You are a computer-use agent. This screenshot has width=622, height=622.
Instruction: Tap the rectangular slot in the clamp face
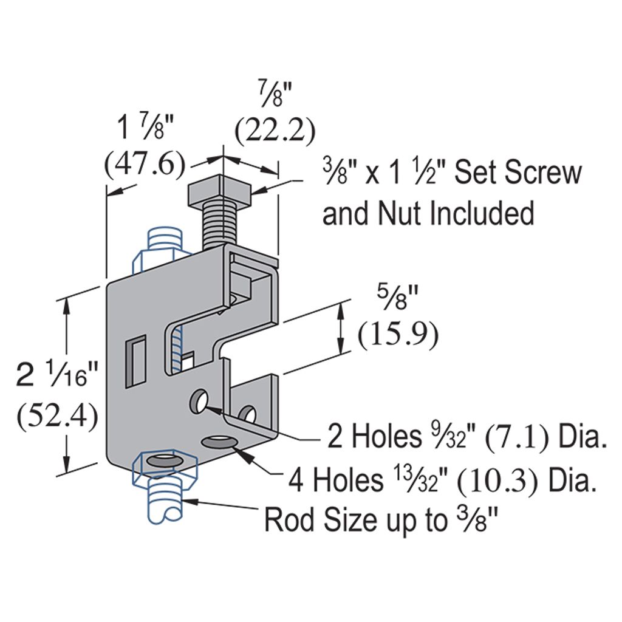click(x=135, y=361)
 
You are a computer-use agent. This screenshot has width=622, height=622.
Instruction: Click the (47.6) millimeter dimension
click(x=145, y=163)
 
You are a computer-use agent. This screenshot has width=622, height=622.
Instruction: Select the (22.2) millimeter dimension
click(x=275, y=131)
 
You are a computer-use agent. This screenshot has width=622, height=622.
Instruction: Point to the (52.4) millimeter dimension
click(x=57, y=415)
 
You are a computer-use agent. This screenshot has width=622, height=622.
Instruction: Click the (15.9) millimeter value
click(x=398, y=335)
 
